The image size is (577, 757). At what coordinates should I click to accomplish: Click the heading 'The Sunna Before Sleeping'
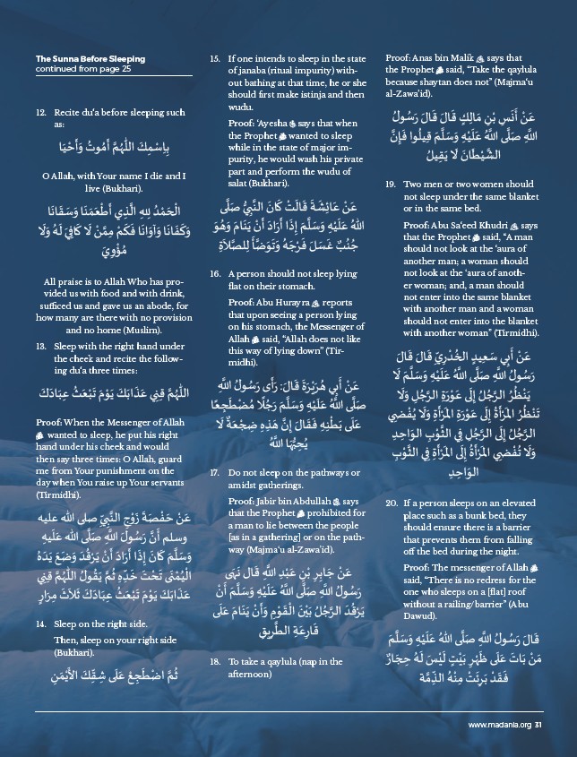click(90, 59)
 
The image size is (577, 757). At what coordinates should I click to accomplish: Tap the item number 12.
click(41, 113)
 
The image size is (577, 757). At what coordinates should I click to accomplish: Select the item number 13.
click(41, 344)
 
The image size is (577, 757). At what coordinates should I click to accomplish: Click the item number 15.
click(215, 59)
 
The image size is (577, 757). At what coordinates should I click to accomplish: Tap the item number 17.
click(215, 471)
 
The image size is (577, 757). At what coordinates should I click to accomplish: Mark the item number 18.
click(215, 661)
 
